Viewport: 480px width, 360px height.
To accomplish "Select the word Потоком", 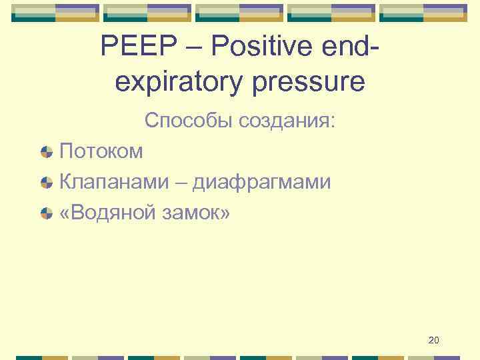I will [101, 151].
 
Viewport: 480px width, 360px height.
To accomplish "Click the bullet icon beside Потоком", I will [47, 152].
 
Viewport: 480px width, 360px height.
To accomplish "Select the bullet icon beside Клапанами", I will [47, 182].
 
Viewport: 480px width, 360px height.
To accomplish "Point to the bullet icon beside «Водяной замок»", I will [47, 213].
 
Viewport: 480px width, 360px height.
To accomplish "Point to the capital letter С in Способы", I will [151, 121].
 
